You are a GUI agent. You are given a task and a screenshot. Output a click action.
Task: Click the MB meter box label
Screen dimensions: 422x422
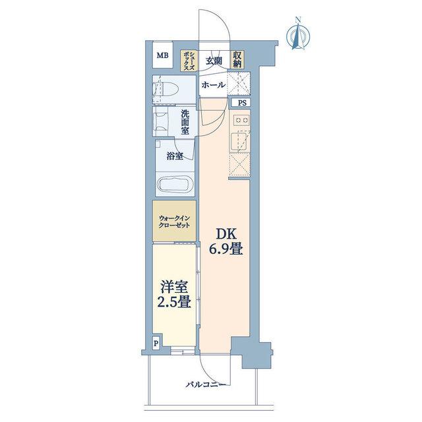click(163, 55)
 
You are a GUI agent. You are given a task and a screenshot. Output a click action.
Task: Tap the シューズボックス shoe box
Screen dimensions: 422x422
click(189, 61)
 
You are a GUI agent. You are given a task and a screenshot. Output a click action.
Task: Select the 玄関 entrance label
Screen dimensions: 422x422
click(214, 61)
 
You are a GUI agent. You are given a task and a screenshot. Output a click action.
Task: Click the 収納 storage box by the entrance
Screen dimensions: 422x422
click(237, 60)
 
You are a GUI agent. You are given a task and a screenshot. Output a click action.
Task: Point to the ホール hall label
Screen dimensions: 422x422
click(214, 85)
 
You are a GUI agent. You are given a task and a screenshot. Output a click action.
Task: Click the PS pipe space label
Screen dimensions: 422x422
click(242, 103)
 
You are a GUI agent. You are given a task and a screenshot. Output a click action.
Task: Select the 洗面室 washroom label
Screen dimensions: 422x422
click(185, 122)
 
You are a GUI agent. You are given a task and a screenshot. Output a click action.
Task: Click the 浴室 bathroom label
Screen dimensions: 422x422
click(175, 156)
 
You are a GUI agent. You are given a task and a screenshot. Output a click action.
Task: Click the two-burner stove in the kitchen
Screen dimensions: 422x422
click(241, 120)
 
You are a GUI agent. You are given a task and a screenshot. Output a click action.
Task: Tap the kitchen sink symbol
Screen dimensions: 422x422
click(239, 142)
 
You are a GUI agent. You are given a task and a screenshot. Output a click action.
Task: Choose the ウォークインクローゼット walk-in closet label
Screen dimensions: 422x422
click(174, 222)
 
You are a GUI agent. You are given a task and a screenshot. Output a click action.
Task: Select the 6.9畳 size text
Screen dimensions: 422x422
click(226, 249)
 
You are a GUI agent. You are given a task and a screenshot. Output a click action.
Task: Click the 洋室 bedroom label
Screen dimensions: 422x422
click(174, 287)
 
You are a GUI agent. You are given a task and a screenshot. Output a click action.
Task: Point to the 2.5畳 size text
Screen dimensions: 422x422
click(174, 302)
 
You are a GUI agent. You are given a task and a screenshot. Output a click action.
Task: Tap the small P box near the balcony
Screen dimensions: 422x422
click(156, 344)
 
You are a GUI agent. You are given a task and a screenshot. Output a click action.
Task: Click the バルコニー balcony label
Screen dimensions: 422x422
click(206, 384)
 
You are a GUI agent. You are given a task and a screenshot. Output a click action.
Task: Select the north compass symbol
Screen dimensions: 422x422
click(298, 34)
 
